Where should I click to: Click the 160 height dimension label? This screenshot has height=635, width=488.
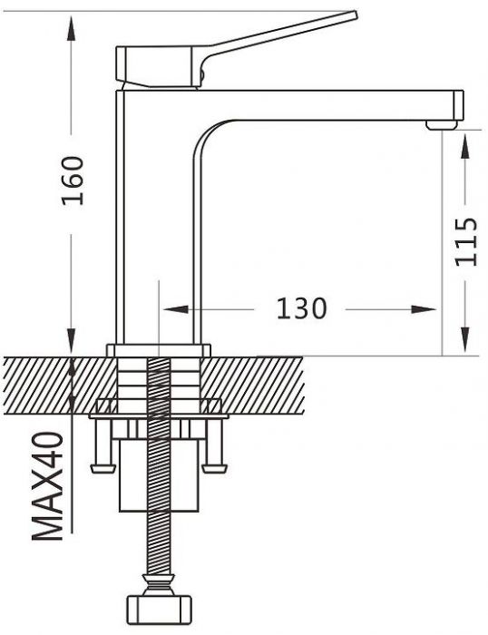[x=73, y=181]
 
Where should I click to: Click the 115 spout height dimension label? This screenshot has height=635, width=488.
[x=466, y=242]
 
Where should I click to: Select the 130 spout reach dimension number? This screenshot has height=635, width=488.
[x=301, y=309]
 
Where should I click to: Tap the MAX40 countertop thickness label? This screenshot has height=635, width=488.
[x=48, y=486]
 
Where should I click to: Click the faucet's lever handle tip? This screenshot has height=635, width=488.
[x=355, y=15]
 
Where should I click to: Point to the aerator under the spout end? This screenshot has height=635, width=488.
[x=442, y=125]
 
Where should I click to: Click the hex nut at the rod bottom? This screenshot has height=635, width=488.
[x=159, y=609]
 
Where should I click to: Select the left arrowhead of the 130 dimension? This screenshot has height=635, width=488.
[x=176, y=309]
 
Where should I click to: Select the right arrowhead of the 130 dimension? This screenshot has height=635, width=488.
[x=424, y=309]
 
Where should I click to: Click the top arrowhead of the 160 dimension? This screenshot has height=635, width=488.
[x=72, y=28]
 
